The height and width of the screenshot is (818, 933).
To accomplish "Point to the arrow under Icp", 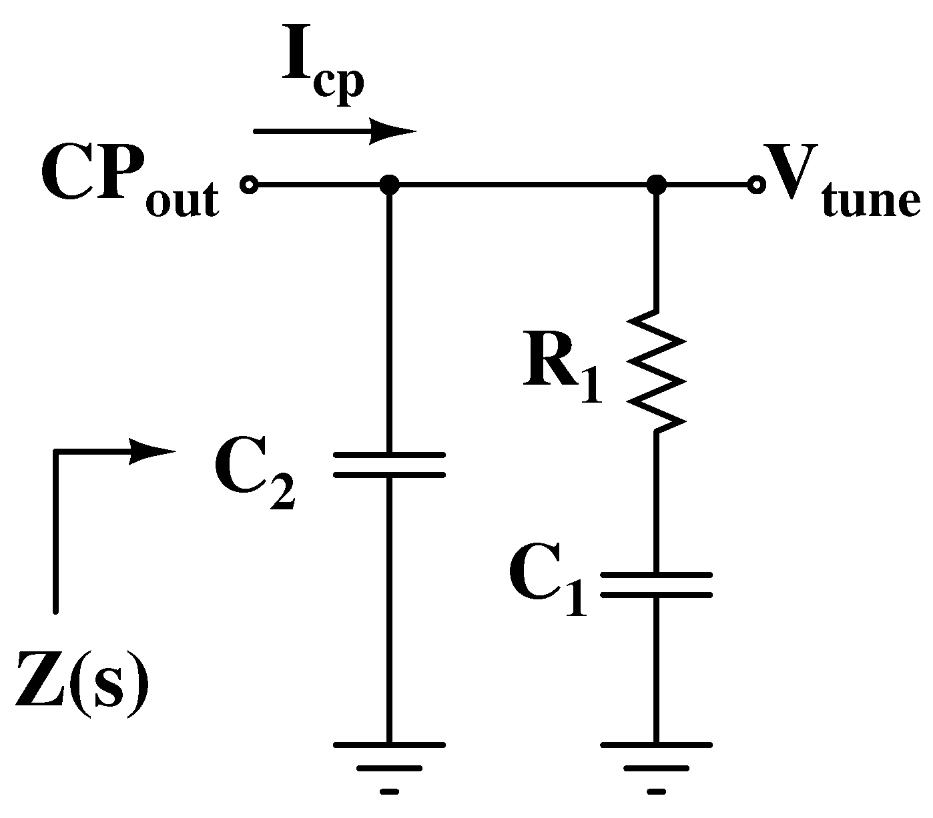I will point(334,131).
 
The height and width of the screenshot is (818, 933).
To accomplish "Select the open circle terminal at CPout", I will point(250,185).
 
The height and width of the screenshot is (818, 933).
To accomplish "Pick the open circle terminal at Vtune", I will point(755,185).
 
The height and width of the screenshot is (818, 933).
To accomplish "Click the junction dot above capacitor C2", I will point(389,185).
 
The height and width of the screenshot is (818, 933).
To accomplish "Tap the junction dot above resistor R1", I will point(657,185).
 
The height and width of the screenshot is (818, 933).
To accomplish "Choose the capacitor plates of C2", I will point(389,465).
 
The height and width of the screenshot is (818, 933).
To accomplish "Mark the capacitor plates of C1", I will point(657,584).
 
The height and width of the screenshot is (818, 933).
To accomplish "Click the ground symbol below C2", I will point(389,767).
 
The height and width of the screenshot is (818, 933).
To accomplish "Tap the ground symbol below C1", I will point(657,767).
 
